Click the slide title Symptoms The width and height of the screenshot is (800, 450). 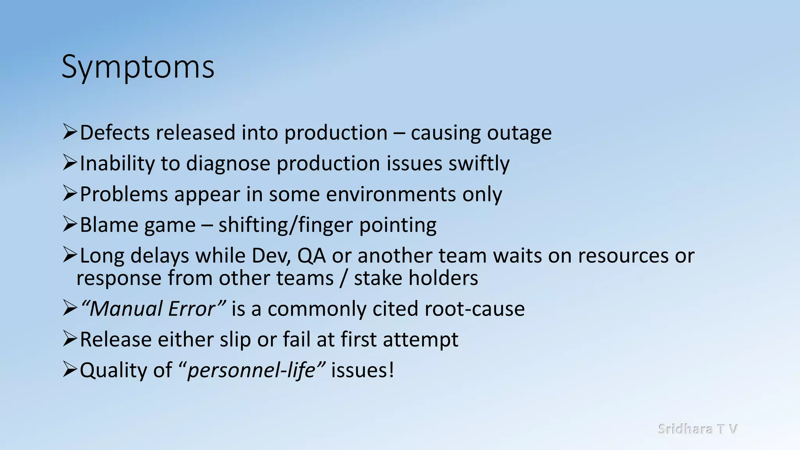pyautogui.click(x=138, y=67)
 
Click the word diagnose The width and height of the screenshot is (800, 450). pyautogui.click(x=228, y=164)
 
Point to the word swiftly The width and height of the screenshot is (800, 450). pyautogui.click(x=479, y=164)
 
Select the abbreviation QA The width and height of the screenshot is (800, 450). pyautogui.click(x=311, y=256)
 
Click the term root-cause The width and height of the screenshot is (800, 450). pyautogui.click(x=475, y=309)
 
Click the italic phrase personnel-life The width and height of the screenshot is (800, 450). pyautogui.click(x=251, y=370)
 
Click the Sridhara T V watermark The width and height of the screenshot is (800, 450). pyautogui.click(x=697, y=429)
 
